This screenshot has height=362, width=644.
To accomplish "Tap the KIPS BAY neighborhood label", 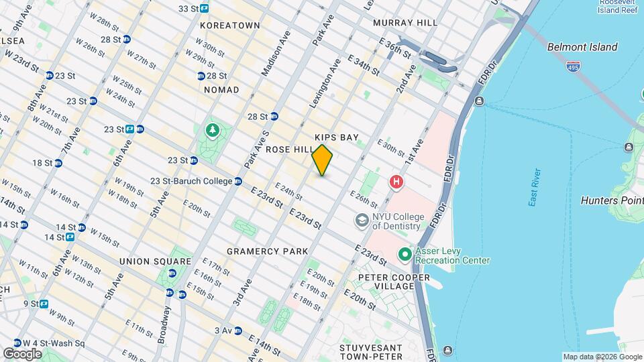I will (337, 137).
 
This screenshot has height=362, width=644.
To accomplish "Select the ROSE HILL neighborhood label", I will (290, 149).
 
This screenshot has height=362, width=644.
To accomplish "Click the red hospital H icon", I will (396, 182).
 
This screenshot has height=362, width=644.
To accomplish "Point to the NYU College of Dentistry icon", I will (362, 221).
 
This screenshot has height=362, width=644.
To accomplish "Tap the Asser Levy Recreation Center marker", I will (405, 255).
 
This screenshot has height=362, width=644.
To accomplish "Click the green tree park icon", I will (213, 129).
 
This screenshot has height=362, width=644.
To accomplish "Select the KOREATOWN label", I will (229, 25).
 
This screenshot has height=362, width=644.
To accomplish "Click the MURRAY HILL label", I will (405, 22).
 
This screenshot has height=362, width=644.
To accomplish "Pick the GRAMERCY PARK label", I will (267, 251).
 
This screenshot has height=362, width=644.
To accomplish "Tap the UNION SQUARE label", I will (155, 260).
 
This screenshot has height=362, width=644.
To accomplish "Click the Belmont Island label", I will (582, 47).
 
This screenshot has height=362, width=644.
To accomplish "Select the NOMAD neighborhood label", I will (221, 89).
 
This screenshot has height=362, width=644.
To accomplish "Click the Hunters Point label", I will (612, 199).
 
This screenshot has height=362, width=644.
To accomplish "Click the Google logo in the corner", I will (22, 353).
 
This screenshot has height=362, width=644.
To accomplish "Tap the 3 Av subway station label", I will (223, 330).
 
